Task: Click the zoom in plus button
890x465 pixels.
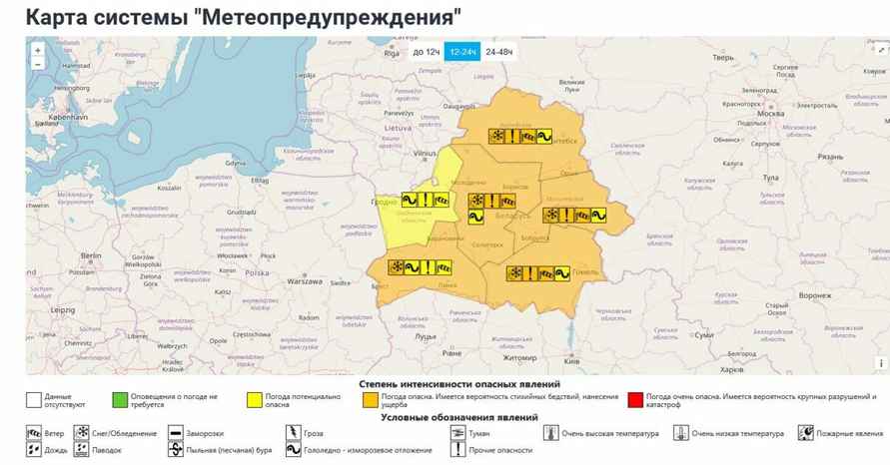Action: (x=37, y=49)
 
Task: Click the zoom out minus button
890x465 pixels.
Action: (x=37, y=64)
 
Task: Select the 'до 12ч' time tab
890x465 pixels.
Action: (x=426, y=51)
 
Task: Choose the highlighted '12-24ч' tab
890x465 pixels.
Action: (x=462, y=51)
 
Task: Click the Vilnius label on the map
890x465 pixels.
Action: (x=427, y=143)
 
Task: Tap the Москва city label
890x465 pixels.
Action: (x=770, y=114)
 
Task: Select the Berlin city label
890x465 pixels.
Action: (x=92, y=255)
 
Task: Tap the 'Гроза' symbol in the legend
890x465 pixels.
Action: (x=293, y=433)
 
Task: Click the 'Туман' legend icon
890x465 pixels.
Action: (x=457, y=433)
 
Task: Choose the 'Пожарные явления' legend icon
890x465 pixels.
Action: (x=805, y=433)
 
